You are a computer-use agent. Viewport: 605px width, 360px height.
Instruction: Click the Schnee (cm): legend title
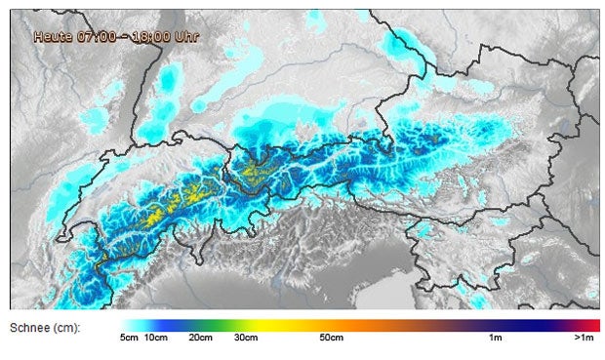45,326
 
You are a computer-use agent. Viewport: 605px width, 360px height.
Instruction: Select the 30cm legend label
246,339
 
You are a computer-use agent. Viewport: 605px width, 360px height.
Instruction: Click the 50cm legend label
331,339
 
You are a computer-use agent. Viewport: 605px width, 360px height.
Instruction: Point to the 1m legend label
495,339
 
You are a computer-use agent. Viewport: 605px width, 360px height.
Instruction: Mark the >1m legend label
585,339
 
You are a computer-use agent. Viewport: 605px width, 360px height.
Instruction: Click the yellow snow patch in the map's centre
253,172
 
